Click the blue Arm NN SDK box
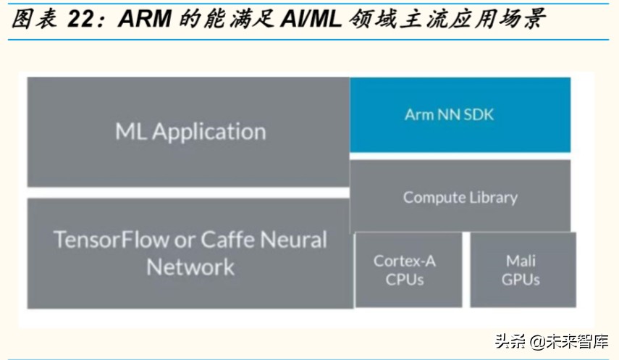[460, 114]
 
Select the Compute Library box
[460, 196]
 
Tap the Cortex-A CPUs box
[408, 269]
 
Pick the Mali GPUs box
[523, 269]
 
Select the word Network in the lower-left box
[190, 267]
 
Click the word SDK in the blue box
[478, 114]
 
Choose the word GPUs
[521, 279]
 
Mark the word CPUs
[405, 279]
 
